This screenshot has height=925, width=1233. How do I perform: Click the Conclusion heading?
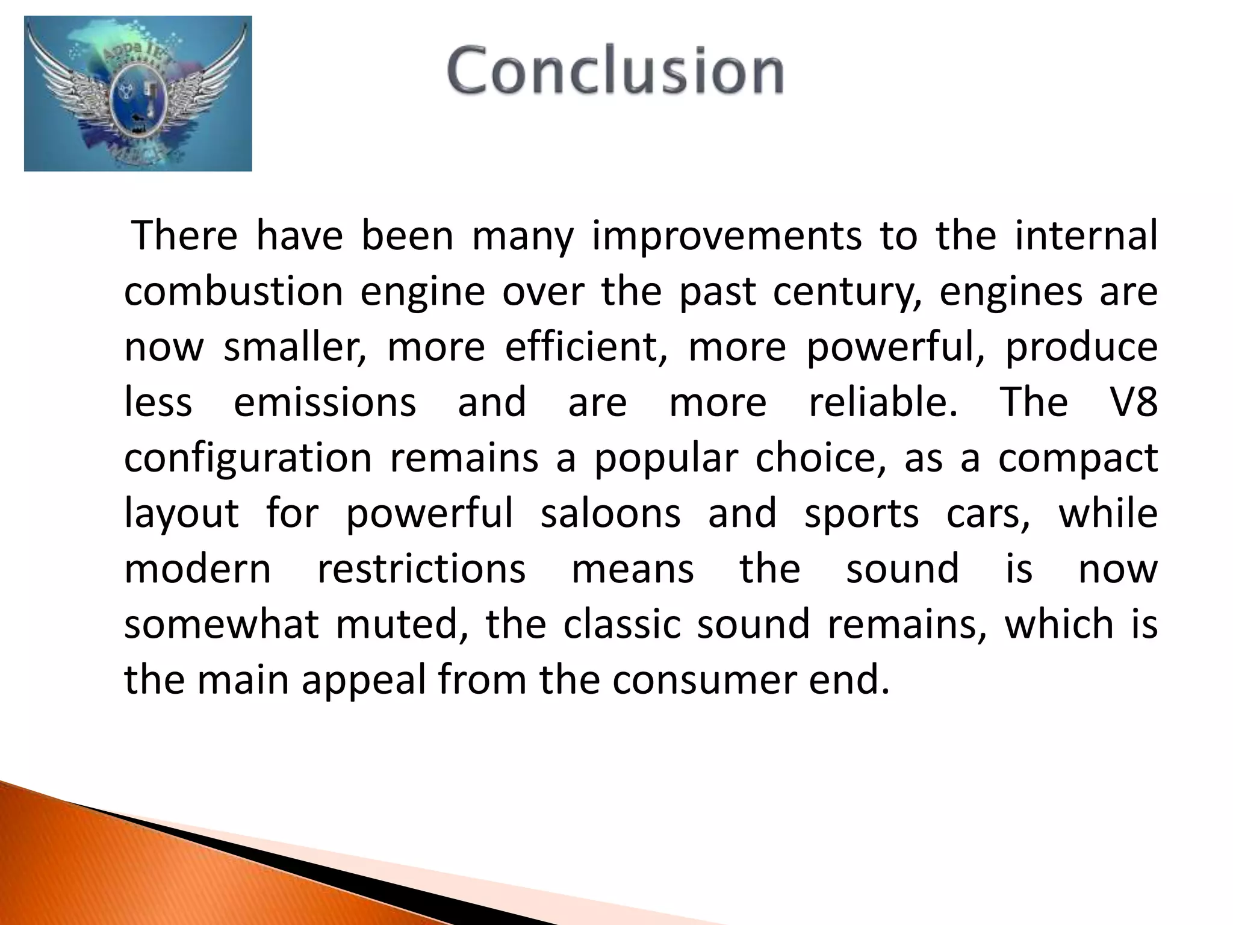click(x=615, y=71)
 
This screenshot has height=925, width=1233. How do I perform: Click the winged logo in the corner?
click(x=138, y=94)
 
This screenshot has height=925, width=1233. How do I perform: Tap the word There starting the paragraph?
click(x=185, y=236)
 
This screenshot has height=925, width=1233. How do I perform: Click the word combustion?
click(x=234, y=291)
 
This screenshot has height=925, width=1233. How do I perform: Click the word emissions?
click(x=325, y=403)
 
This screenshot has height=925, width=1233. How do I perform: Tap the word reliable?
click(x=883, y=403)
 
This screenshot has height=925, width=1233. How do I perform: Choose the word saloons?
click(x=610, y=514)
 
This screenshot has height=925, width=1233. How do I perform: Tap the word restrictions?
click(x=421, y=569)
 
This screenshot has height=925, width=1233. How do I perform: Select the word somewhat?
click(x=221, y=624)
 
